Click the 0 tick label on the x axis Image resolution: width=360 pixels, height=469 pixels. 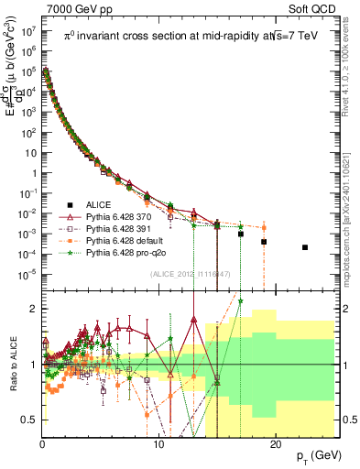coord(42,443)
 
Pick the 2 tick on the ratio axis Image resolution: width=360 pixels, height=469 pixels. coord(34,309)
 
